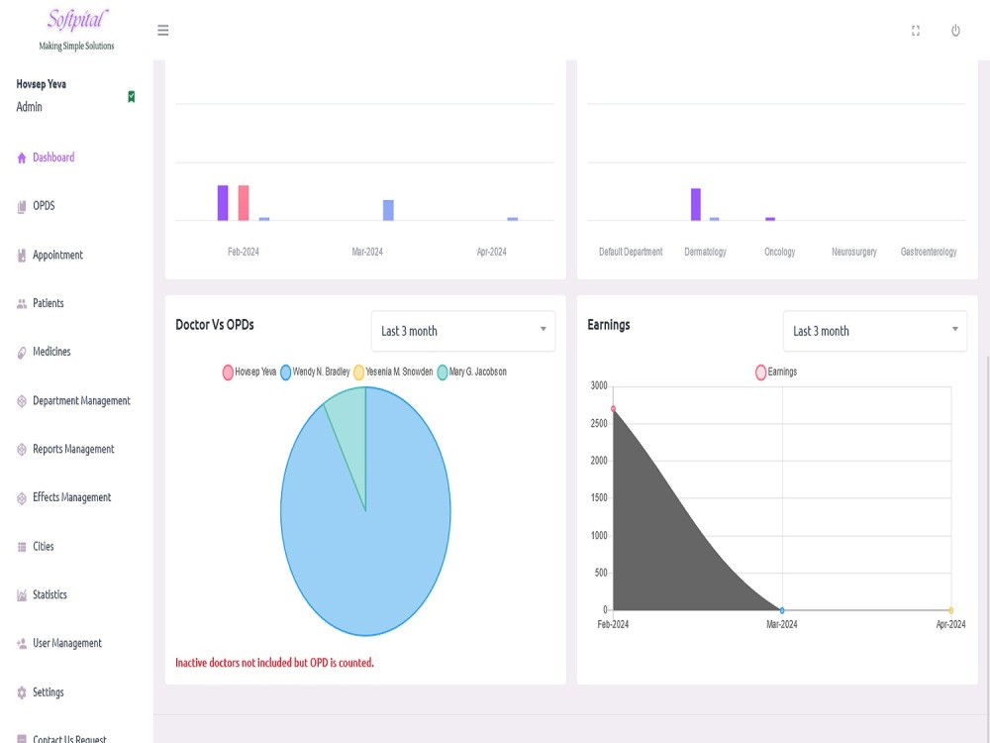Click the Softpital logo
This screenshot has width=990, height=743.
[x=77, y=29]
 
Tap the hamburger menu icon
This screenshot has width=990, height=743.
[x=163, y=31]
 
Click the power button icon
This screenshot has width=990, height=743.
[x=955, y=31]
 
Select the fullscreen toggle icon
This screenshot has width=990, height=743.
[x=916, y=31]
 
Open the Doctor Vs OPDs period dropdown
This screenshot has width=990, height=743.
[x=463, y=331]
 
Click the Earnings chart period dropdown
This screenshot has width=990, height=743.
[x=875, y=331]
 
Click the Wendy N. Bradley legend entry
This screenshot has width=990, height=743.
[x=315, y=372]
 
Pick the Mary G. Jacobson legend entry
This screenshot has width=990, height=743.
[x=471, y=372]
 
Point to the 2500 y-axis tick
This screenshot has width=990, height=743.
[x=599, y=423]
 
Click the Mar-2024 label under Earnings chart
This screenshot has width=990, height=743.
[x=782, y=624]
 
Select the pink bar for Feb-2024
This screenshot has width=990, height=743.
[x=244, y=203]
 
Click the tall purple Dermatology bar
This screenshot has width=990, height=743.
[x=696, y=204]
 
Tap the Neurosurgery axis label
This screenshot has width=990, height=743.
[x=854, y=252]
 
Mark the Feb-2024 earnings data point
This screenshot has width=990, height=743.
[x=613, y=409]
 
